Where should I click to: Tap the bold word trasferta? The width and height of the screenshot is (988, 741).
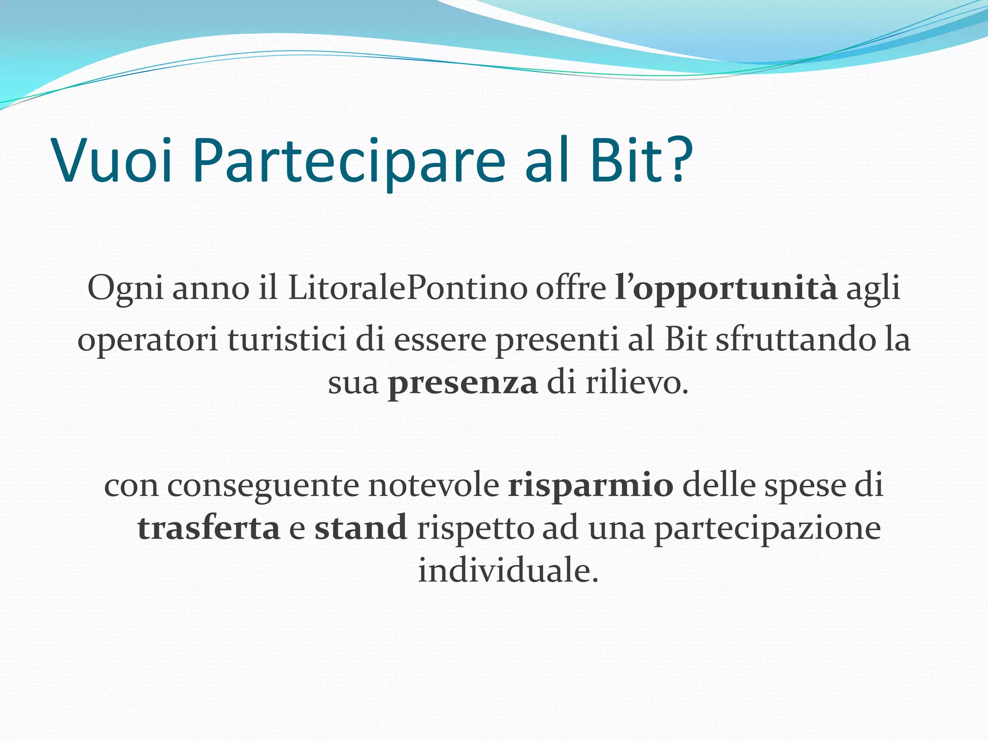pyautogui.click(x=208, y=528)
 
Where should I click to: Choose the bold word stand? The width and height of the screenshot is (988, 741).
pyautogui.click(x=361, y=528)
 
